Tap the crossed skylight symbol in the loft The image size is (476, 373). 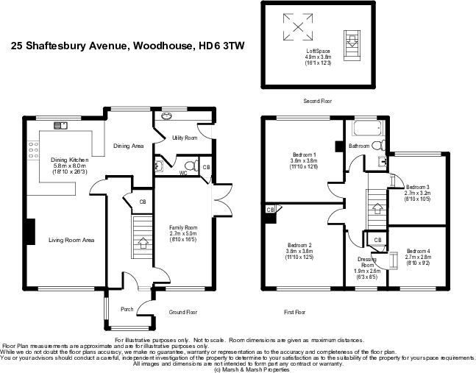tap(298, 27)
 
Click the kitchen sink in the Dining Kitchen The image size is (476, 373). tap(60, 125)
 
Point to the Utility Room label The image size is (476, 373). tap(184, 138)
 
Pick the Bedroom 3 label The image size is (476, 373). tap(417, 192)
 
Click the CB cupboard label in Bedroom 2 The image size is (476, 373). tap(271, 210)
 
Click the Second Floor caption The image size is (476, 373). tap(319, 101)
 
